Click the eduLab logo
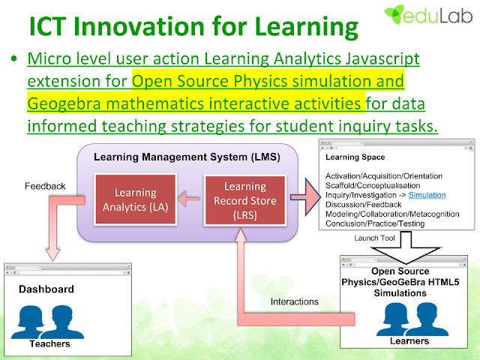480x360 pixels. point(428,15)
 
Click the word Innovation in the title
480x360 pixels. point(139,26)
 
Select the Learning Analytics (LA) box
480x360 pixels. point(135,199)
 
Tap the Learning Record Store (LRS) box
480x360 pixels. point(245,200)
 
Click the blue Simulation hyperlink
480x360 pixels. point(427,195)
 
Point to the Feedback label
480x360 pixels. point(45,186)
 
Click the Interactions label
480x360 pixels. point(295,301)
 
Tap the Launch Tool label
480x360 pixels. point(374,238)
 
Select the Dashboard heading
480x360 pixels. point(46,289)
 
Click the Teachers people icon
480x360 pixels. point(47,322)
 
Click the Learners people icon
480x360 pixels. point(412,319)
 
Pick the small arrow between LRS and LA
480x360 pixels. point(189,199)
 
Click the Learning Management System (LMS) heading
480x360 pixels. point(187,157)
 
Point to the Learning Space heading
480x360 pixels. point(355,157)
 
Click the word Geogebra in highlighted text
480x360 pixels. point(64,103)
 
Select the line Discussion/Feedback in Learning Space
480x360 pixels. point(363,205)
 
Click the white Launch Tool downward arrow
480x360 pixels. point(406,248)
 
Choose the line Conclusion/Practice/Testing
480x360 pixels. point(375,223)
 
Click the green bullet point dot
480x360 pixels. point(13,58)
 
